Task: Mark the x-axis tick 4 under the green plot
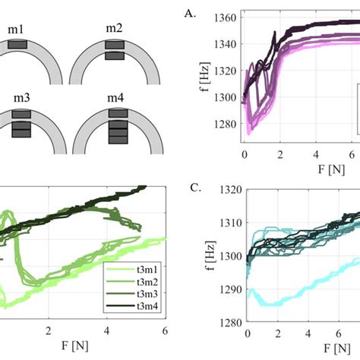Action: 106,331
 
